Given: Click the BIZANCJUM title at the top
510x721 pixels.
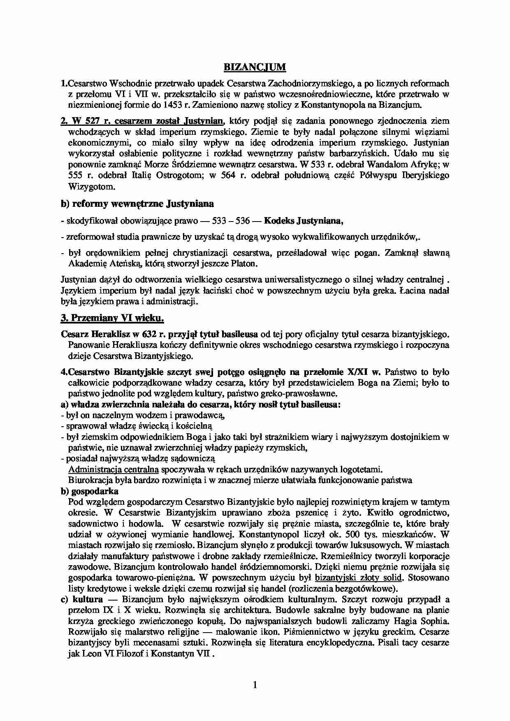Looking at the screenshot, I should click(255, 67).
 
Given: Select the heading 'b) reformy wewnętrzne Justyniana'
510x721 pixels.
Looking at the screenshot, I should click(137, 204).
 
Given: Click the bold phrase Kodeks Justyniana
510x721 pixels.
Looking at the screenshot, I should click(303, 221).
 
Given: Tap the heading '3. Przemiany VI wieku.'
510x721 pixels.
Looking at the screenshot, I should click(112, 318).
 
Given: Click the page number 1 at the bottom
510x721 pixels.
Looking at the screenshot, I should click(255, 685).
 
